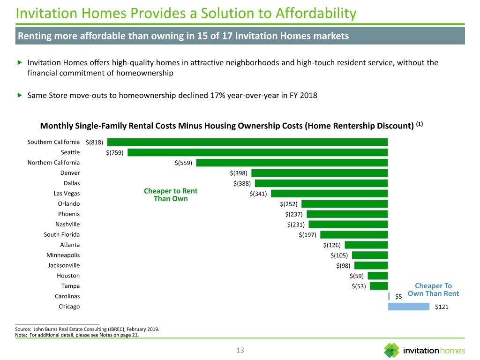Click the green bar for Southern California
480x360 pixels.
tap(247, 142)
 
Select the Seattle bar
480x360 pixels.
tap(258, 152)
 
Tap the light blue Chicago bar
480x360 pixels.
tap(408, 307)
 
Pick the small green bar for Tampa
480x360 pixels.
tap(379, 286)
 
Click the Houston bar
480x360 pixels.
tap(378, 276)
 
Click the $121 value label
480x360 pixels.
tap(442, 307)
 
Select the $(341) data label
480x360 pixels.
tap(258, 194)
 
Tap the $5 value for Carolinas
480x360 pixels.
tap(398, 296)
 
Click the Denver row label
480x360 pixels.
tap(70, 173)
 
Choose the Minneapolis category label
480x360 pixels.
tap(63, 255)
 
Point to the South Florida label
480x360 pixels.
tap(61, 234)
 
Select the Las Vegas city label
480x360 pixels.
tap(67, 194)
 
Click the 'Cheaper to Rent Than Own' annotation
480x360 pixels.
tap(171, 195)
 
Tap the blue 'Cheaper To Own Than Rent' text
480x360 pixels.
tap(433, 290)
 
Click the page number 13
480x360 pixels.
tap(240, 351)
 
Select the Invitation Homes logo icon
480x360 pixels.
tap(392, 351)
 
